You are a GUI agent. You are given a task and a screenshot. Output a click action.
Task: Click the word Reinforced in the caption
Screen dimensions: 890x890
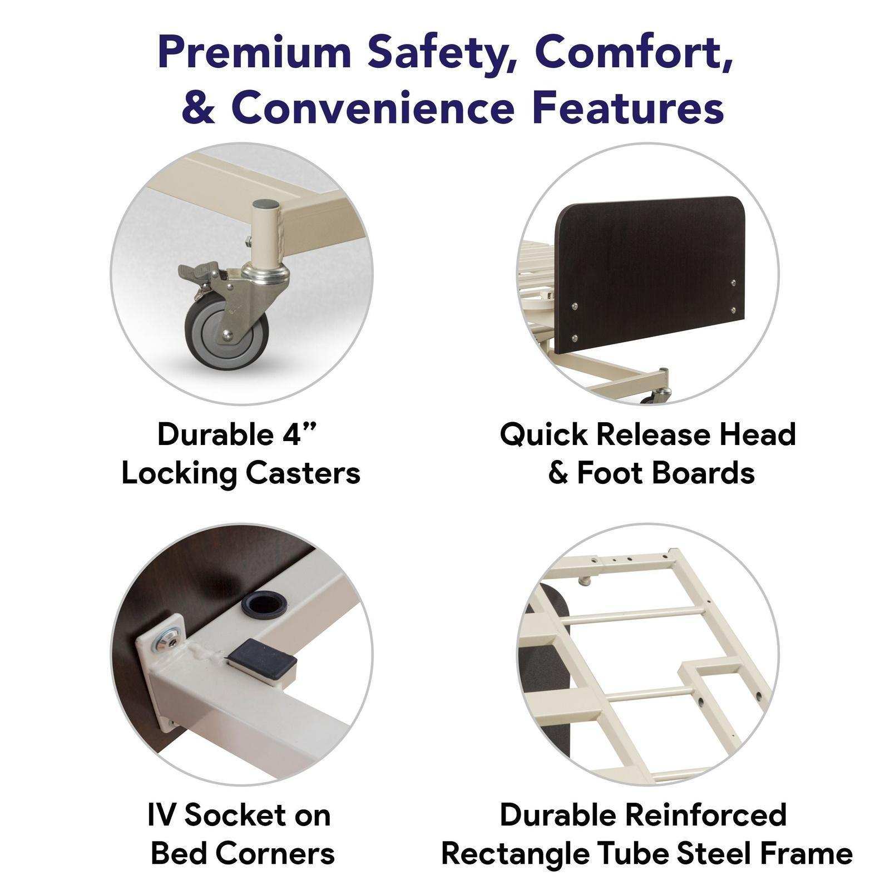(x=706, y=815)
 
